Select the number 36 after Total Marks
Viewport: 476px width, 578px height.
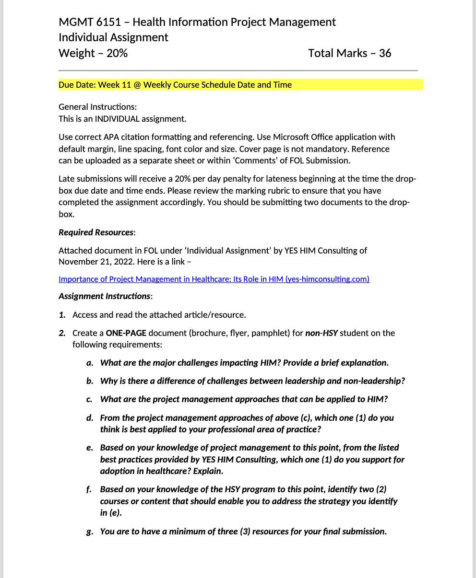pyautogui.click(x=385, y=53)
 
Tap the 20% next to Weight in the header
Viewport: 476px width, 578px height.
pyautogui.click(x=117, y=53)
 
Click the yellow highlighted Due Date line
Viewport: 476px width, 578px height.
pyautogui.click(x=175, y=85)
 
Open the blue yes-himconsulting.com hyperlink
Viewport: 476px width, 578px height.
pyautogui.click(x=214, y=279)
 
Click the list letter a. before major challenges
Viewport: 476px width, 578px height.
pyautogui.click(x=90, y=363)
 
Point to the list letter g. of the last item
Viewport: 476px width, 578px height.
pyautogui.click(x=90, y=532)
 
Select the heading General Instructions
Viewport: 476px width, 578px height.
pyautogui.click(x=97, y=107)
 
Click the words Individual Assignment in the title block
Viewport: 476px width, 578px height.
pyautogui.click(x=113, y=37)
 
